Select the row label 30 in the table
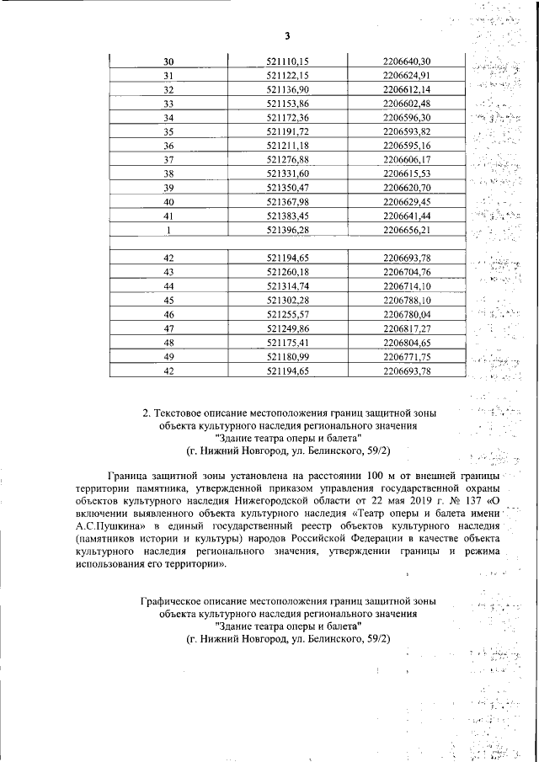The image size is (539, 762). pyautogui.click(x=168, y=61)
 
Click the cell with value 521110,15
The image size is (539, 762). pyautogui.click(x=288, y=61)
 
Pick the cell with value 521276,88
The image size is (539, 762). pyautogui.click(x=288, y=159)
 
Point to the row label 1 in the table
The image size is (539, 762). pyautogui.click(x=168, y=229)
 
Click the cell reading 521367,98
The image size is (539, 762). pyautogui.click(x=288, y=201)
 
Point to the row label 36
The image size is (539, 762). pyautogui.click(x=168, y=146)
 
